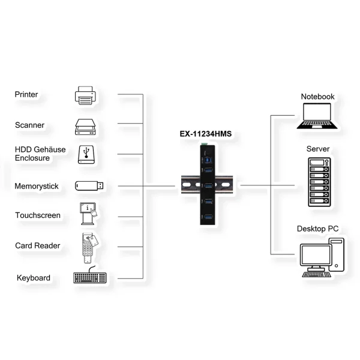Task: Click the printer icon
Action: [85, 95]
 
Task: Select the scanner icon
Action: [85, 127]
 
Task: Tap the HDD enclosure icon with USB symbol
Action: [86, 155]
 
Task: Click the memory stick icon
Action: [89, 186]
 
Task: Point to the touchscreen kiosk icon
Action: [88, 214]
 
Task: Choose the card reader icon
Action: [90, 248]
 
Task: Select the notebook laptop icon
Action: [317, 116]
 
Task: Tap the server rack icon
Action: [319, 182]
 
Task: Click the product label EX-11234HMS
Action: [205, 134]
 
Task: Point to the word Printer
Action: [26, 94]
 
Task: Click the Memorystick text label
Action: [37, 186]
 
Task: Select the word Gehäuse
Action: [50, 149]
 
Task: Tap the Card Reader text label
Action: [38, 245]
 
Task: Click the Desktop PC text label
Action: [317, 229]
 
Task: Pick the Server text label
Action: [318, 149]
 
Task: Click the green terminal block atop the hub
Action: [204, 144]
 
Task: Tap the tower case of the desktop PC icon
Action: [337, 255]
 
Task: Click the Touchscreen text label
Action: [38, 215]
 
